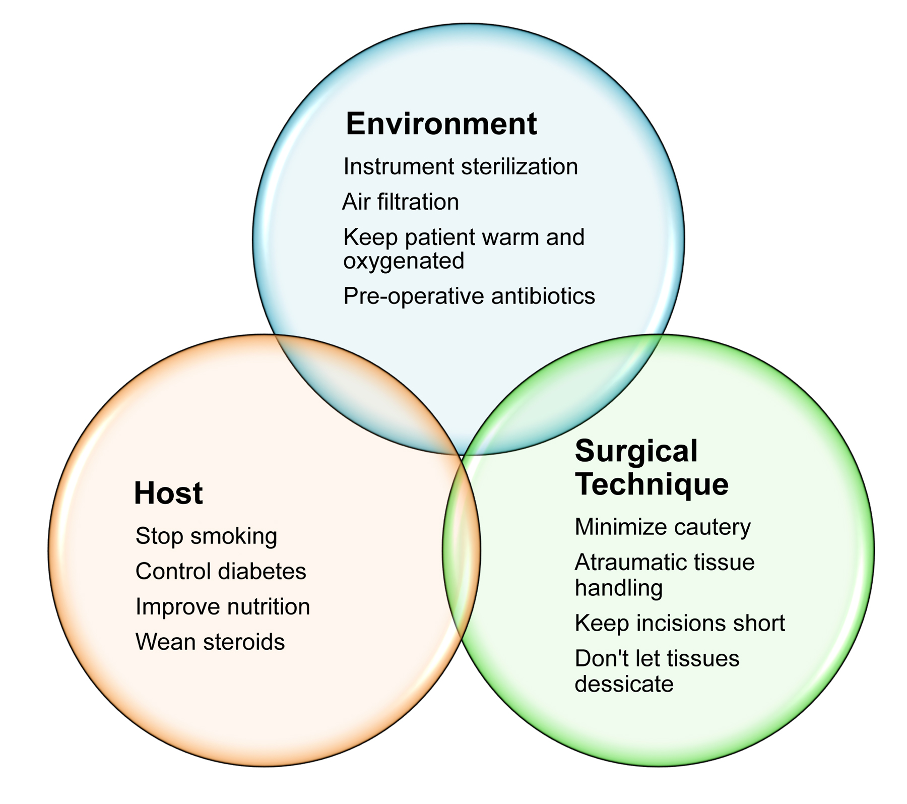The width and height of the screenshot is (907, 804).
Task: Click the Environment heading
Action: point(441,124)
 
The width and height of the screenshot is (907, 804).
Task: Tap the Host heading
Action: point(168,493)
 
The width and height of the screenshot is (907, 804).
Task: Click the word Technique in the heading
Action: point(652,484)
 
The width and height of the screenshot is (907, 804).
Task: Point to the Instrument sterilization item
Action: point(460,166)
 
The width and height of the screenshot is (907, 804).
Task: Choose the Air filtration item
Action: point(401,202)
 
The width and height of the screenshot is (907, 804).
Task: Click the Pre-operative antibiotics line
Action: point(469,296)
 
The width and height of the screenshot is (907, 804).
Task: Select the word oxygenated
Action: point(404,262)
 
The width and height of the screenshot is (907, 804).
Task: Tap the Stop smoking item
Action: point(206,536)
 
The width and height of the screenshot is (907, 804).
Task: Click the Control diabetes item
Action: point(221,571)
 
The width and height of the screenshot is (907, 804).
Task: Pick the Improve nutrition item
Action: point(222,607)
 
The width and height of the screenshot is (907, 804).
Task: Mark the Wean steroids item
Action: point(210,642)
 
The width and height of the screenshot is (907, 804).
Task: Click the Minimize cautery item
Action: point(663,527)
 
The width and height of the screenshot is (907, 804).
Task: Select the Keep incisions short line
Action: point(680,623)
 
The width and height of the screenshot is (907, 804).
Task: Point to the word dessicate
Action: point(624,684)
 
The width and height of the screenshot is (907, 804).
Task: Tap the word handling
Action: point(618,589)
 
